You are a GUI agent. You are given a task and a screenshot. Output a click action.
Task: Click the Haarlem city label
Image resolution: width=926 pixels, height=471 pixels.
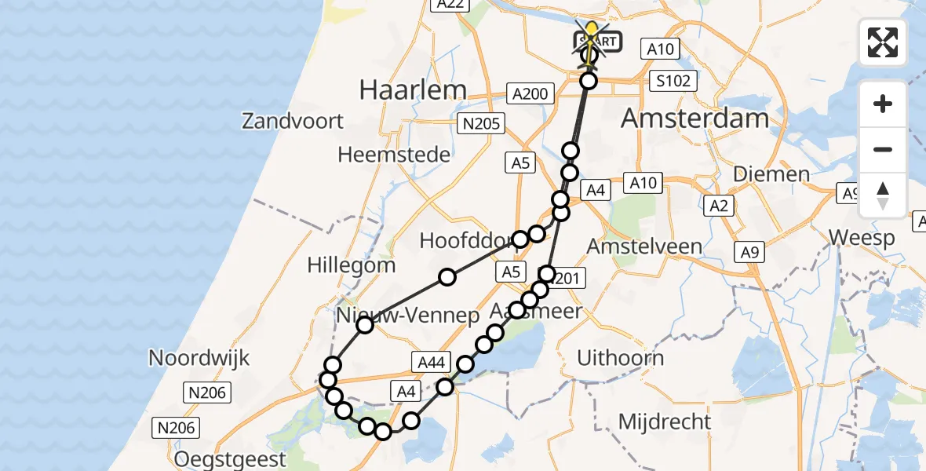[413, 89]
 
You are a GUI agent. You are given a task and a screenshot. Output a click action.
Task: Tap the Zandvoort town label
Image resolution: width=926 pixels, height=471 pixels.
[293, 121]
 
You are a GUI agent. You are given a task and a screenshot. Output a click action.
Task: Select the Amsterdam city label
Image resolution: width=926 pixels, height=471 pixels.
[694, 119]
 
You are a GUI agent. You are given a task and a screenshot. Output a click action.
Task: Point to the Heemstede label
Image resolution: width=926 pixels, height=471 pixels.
[394, 154]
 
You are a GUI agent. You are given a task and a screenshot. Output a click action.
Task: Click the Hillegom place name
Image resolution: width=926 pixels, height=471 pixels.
[352, 265]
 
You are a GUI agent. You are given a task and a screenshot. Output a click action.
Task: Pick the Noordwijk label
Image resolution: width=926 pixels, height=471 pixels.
[199, 358]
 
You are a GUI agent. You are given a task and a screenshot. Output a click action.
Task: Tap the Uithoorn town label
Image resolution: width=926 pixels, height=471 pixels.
[620, 358]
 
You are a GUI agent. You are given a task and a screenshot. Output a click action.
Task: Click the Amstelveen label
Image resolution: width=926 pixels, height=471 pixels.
[645, 246]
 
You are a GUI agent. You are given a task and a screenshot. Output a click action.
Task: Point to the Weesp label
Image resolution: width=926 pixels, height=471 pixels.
[861, 238]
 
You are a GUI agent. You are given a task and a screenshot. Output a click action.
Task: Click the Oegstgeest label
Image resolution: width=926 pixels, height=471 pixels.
[231, 458]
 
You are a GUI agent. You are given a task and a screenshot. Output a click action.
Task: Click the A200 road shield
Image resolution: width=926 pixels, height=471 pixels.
[529, 93]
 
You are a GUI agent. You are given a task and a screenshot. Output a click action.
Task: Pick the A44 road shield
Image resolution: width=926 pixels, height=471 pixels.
[432, 361]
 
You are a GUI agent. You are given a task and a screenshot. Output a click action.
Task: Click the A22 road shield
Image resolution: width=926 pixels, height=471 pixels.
[450, 5]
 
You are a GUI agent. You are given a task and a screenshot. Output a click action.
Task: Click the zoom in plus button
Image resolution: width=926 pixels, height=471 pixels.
[883, 104]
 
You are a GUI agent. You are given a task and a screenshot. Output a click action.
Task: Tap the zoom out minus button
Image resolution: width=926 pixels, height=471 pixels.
[883, 149]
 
